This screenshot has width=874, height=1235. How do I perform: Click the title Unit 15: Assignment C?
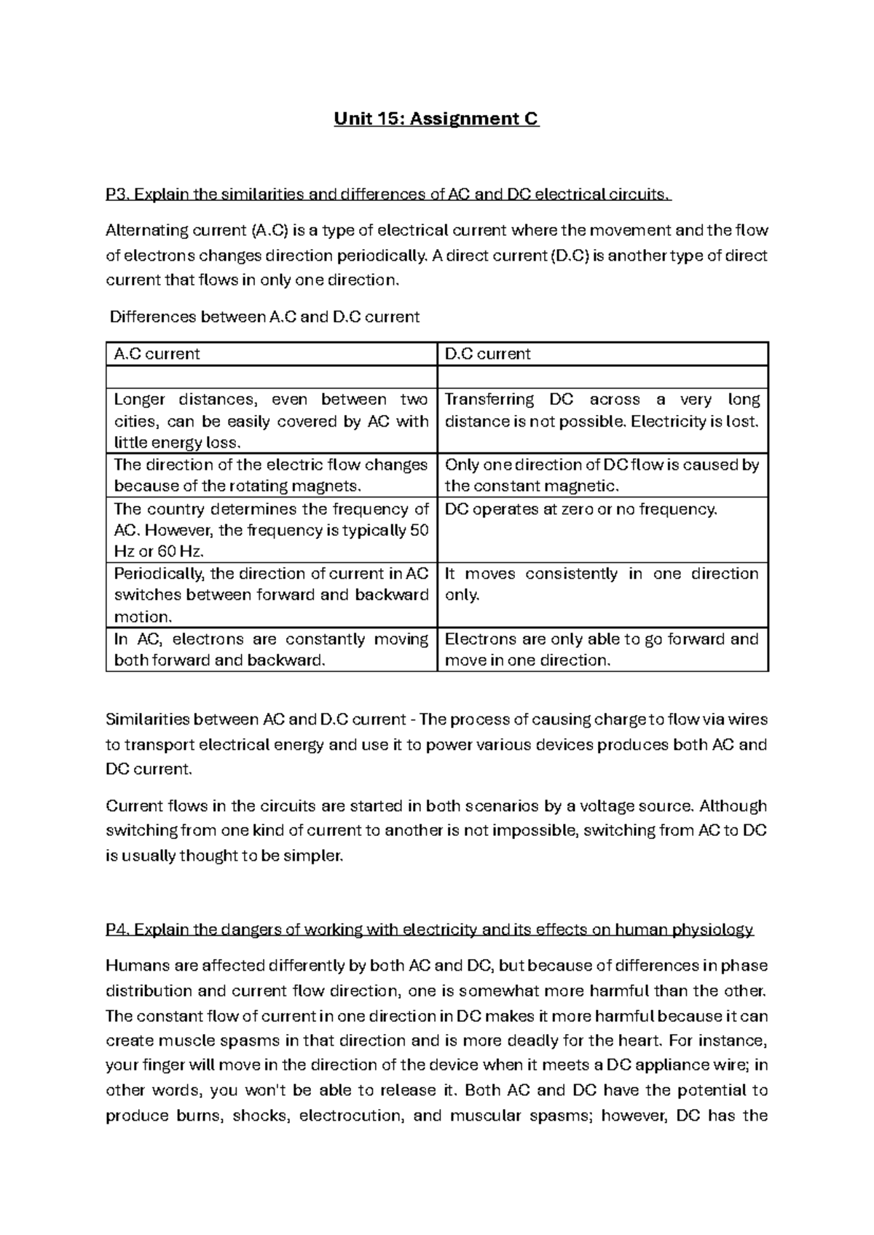tap(436, 119)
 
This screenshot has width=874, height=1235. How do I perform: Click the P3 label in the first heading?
tap(117, 194)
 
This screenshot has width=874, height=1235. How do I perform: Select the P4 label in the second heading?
tap(117, 930)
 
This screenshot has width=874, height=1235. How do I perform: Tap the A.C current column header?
tap(157, 354)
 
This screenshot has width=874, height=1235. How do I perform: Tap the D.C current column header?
tap(487, 354)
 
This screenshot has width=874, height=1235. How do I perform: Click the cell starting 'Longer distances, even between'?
tap(271, 421)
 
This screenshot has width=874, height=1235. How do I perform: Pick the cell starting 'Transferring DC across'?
tap(602, 411)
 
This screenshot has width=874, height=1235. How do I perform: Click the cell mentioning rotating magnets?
tap(271, 476)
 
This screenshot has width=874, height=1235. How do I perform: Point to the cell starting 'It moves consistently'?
tap(602, 584)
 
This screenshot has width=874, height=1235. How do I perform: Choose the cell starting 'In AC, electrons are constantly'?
tap(271, 650)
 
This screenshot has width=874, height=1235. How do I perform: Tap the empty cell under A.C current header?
tap(271, 376)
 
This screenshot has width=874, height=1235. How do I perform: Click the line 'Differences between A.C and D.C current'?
tap(264, 317)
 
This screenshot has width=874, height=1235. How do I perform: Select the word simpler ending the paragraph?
tap(316, 856)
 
